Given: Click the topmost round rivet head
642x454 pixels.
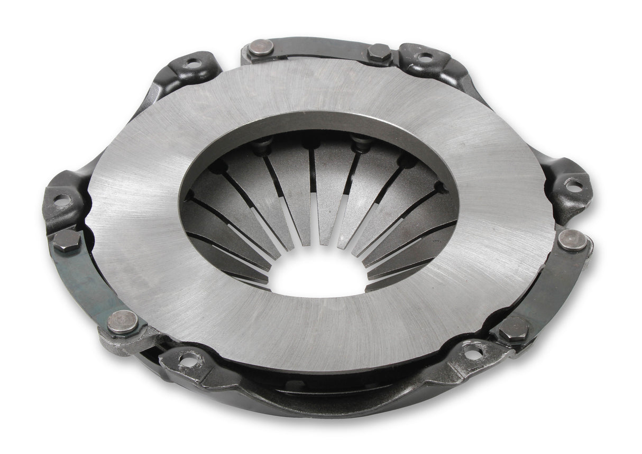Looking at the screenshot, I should pyautogui.click(x=261, y=48).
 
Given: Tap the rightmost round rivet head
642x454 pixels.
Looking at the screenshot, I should pyautogui.click(x=572, y=240).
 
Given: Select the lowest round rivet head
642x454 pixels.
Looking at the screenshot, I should pyautogui.click(x=123, y=321).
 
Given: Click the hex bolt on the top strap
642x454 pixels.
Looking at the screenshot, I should pyautogui.click(x=379, y=53).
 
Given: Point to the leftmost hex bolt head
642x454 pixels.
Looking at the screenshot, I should pyautogui.click(x=67, y=240).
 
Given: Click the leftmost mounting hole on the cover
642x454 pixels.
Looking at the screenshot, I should pyautogui.click(x=62, y=200).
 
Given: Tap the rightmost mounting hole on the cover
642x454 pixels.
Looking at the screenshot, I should pyautogui.click(x=573, y=185).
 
